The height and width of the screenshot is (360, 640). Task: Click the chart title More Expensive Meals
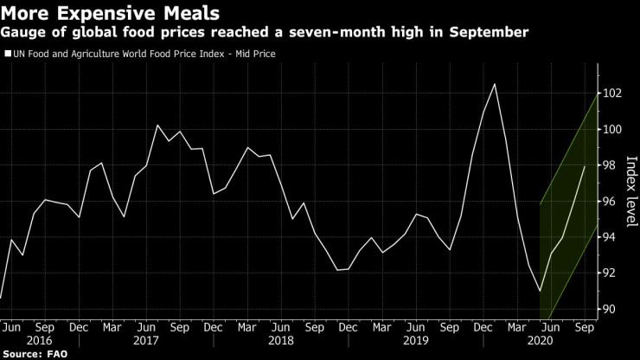(x=111, y=13)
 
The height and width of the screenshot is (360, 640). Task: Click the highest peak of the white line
(x=494, y=84)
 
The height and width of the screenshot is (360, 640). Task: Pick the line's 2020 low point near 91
(x=540, y=292)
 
